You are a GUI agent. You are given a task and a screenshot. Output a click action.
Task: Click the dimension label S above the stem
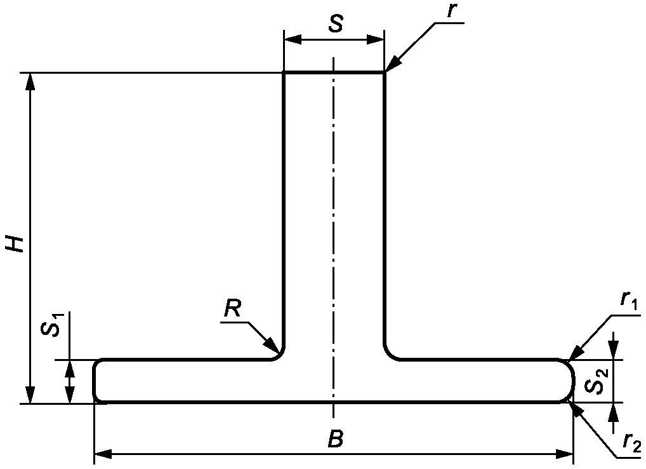(x=336, y=24)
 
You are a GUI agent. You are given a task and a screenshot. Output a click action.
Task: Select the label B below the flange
(x=336, y=438)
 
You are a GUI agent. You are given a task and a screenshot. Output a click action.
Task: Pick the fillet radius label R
(x=233, y=310)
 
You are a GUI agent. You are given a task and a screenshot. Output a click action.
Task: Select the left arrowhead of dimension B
(x=102, y=454)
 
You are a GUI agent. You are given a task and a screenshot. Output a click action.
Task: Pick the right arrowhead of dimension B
(x=566, y=454)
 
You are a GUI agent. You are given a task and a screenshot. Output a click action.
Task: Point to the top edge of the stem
(x=333, y=72)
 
